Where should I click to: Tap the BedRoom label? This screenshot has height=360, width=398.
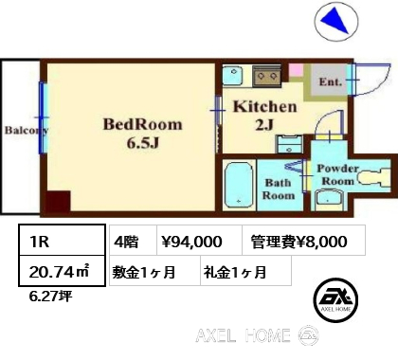pyautogui.click(x=143, y=125)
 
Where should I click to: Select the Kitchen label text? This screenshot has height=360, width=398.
pyautogui.click(x=265, y=107)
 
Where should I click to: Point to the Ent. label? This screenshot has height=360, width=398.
pyautogui.click(x=331, y=82)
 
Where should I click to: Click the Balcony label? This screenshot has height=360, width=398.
pyautogui.click(x=27, y=131)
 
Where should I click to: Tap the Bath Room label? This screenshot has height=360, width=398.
pyautogui.click(x=279, y=189)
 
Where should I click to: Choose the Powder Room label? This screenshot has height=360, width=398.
pyautogui.click(x=337, y=174)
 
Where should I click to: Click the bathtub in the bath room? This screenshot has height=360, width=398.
pyautogui.click(x=239, y=185)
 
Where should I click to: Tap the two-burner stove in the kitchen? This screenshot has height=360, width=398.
pyautogui.click(x=267, y=76)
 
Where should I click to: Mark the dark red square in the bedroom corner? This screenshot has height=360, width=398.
pyautogui.click(x=59, y=201)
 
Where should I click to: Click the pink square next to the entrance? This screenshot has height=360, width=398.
pyautogui.click(x=297, y=70)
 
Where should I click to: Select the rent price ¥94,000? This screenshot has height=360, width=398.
pyautogui.click(x=191, y=242)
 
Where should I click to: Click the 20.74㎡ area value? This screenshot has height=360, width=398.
pyautogui.click(x=59, y=272)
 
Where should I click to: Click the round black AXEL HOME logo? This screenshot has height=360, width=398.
pyautogui.click(x=335, y=300)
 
